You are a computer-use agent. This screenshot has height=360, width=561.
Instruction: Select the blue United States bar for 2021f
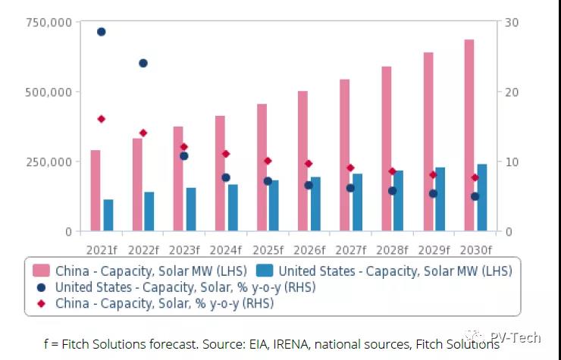coord(108,215)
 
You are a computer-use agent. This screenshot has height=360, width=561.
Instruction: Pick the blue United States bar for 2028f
coord(399,201)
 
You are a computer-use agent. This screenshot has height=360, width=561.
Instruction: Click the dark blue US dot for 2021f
coord(101,32)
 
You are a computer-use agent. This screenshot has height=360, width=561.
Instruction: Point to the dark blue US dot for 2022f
coord(143,63)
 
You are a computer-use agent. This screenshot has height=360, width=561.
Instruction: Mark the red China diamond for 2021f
coord(101,119)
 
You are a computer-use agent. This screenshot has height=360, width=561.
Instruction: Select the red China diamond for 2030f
coord(475,178)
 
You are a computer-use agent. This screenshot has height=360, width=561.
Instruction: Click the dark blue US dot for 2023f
coord(183,156)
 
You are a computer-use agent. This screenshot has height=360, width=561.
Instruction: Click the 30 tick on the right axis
coord(512,23)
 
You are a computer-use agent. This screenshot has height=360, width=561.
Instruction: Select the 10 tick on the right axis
coord(512,162)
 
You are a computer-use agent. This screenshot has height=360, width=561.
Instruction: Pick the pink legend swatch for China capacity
coord(41,271)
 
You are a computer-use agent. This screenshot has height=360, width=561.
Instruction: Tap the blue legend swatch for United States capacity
coord(265,271)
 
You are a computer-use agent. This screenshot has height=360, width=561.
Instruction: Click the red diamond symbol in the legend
coord(41,303)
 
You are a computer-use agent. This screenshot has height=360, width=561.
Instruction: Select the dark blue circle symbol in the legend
coord(41,287)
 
